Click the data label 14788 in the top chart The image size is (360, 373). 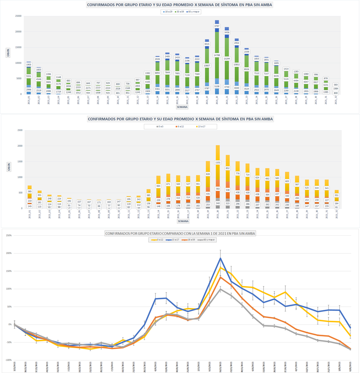[x=217, y=55]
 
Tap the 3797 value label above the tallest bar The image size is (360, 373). [x=217, y=26]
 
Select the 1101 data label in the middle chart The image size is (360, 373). [x=218, y=162]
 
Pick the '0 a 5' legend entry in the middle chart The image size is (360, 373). [x=159, y=127]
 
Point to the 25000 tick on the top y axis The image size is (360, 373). [x=18, y=16]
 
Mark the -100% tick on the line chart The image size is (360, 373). [x=8, y=360]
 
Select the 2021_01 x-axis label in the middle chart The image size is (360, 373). [x=30, y=214]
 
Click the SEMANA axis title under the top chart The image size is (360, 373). [x=182, y=107]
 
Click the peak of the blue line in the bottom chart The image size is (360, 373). [x=220, y=258]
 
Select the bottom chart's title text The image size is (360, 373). [x=180, y=233]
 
